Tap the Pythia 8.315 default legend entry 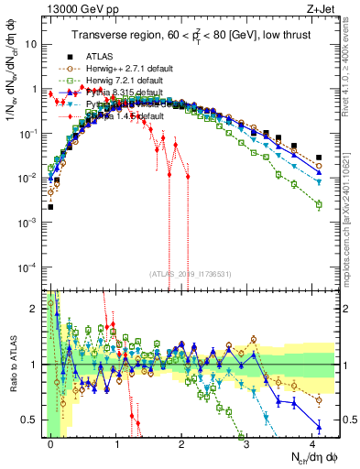[x=119, y=93]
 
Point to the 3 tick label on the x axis [x=247, y=441]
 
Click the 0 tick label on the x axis [x=50, y=441]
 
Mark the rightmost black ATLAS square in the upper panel [x=319, y=158]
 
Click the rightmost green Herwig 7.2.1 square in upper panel [x=319, y=205]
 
